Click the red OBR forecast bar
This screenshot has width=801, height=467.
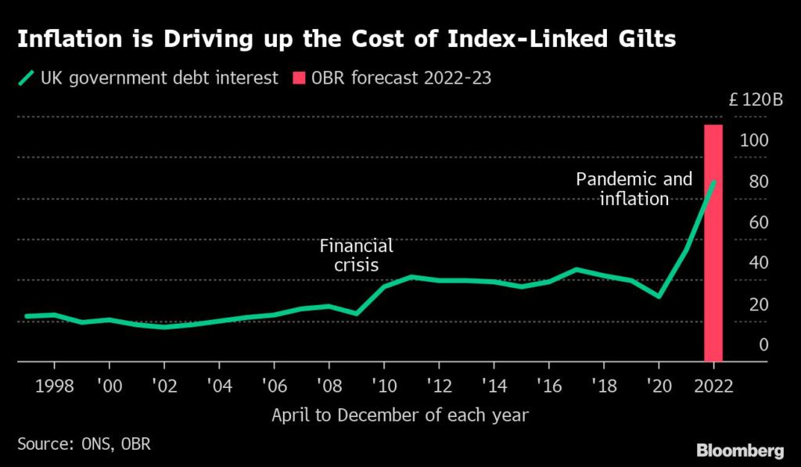(x=713, y=242)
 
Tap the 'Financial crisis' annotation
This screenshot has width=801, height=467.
(x=357, y=256)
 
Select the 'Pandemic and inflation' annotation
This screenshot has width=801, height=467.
(x=634, y=189)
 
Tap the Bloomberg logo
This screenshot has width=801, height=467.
(x=740, y=450)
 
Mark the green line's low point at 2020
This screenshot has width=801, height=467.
(x=659, y=296)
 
